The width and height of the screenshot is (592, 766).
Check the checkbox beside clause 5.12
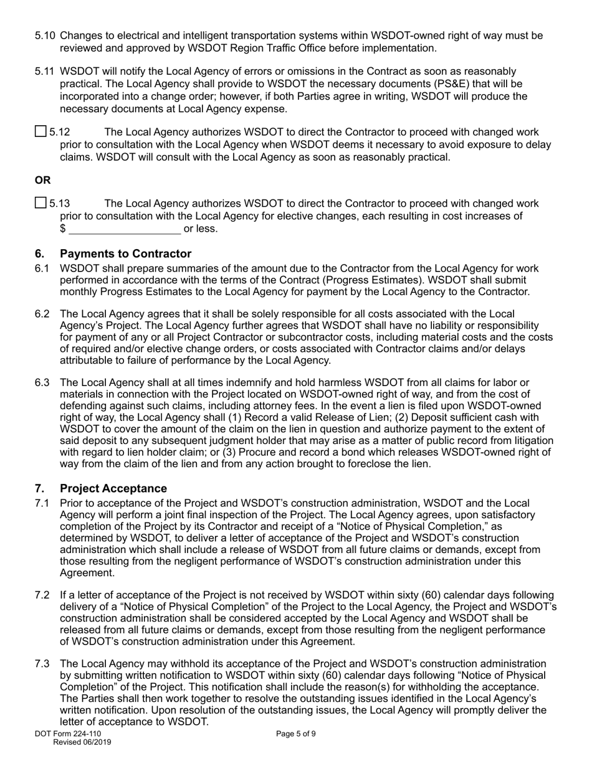click(41, 131)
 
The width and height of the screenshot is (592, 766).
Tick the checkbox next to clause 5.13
click(41, 202)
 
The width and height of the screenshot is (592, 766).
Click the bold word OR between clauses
click(42, 180)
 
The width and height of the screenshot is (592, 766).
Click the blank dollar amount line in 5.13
click(125, 229)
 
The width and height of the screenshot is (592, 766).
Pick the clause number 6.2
click(42, 314)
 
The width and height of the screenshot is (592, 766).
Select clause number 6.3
click(42, 382)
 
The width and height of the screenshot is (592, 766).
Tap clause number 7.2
click(42, 594)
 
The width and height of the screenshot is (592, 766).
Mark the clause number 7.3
click(42, 664)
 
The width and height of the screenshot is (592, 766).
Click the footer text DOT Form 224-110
click(68, 734)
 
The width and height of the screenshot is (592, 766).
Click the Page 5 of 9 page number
click(296, 734)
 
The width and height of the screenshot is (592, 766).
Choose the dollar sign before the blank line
click(63, 229)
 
